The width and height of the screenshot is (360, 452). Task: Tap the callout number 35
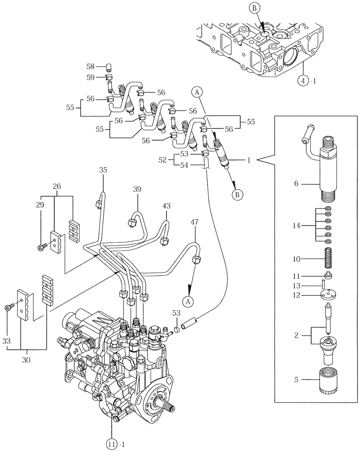pos(104,170)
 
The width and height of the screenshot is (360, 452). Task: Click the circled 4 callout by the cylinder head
pos(302,81)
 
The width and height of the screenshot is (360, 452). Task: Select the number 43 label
pos(167,206)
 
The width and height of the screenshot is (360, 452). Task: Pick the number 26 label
pos(56,186)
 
